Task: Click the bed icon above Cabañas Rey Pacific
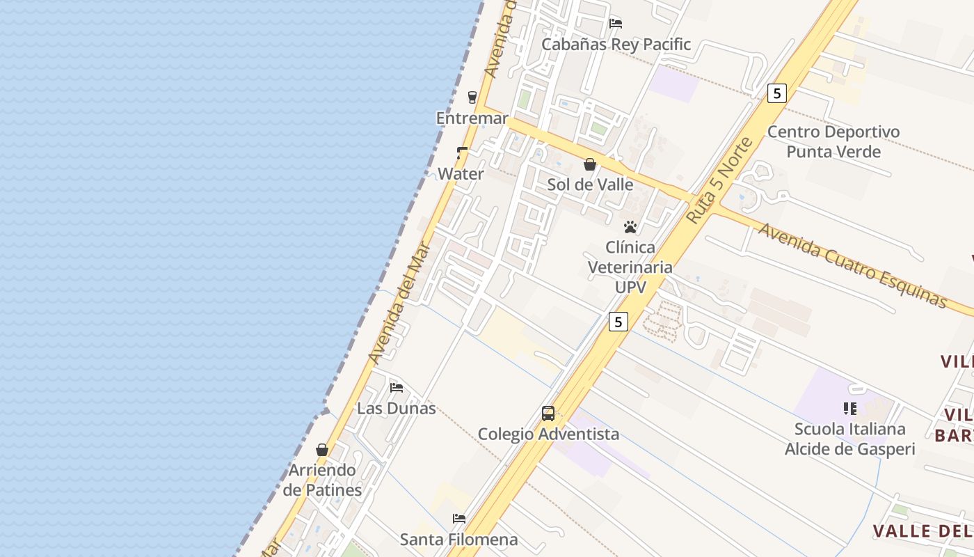coord(615,23)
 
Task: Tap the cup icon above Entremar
coord(472,97)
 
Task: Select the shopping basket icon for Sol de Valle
coord(590,164)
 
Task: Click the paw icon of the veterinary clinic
coord(630,227)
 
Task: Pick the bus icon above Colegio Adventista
coord(548,414)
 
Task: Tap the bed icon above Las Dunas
coord(397,387)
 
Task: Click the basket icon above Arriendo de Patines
coord(322,450)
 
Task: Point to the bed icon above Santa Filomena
coord(459,518)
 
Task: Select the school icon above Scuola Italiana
coord(849,408)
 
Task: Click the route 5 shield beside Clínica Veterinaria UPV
coord(618,321)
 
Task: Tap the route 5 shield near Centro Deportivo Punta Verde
coord(777,93)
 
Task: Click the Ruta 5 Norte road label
coord(720,180)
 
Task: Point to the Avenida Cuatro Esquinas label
coord(853,266)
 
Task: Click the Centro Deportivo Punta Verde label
coord(833,141)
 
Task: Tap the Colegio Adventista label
coord(548,434)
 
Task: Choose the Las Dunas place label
coord(397,408)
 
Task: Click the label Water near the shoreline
coord(461,174)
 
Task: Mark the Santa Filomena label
coord(458,539)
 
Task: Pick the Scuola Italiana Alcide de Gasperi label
coord(849,439)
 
